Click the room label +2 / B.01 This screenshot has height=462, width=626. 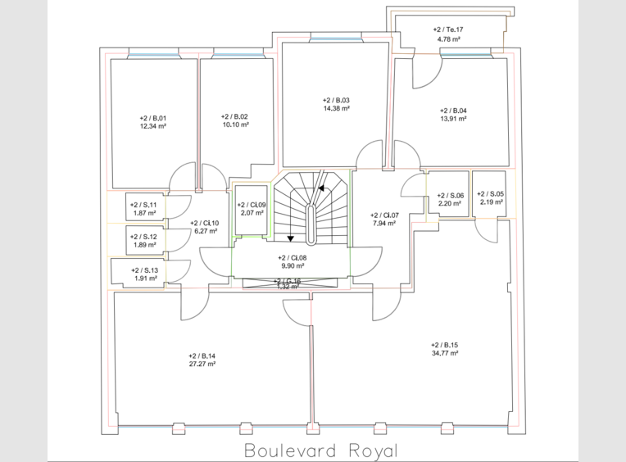(153, 118)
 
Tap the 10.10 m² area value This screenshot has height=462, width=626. (235, 125)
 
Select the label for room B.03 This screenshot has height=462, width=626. (336, 100)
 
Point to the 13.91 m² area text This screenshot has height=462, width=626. (453, 119)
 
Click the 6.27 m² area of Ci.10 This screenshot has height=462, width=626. (205, 231)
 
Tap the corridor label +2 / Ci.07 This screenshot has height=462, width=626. (384, 215)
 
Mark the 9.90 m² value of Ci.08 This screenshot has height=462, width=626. (293, 265)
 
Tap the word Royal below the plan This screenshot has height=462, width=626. (373, 451)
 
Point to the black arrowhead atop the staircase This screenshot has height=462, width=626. (323, 188)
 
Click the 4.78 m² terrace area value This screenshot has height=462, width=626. (447, 38)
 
